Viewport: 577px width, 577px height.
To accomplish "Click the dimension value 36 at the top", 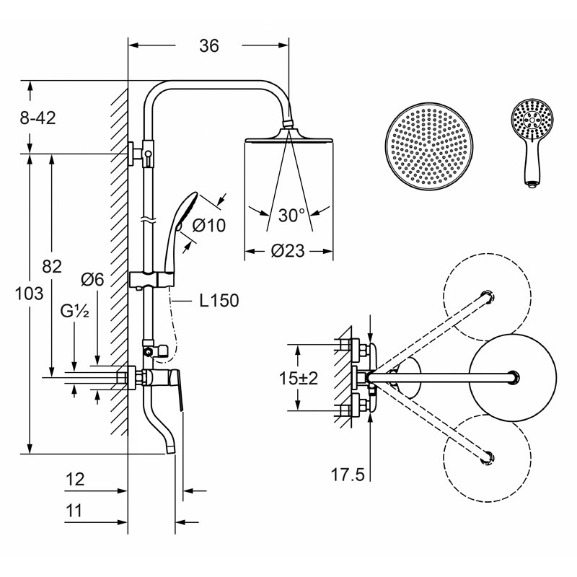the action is click(209, 46).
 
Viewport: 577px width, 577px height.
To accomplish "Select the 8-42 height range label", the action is click(38, 118).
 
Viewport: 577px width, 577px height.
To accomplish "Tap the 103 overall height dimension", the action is click(29, 294).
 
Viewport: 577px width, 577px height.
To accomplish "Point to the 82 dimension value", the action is click(52, 266).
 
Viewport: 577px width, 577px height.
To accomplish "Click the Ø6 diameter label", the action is click(92, 280).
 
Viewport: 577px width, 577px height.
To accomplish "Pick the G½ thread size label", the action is click(75, 312).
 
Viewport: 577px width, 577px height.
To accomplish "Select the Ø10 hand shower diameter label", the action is click(208, 225).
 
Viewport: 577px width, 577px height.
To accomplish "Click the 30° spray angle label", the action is click(291, 215).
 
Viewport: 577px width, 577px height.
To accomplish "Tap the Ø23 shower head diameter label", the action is click(288, 251).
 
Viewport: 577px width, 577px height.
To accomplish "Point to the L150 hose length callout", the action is click(219, 301).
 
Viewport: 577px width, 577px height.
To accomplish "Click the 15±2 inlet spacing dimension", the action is click(299, 378).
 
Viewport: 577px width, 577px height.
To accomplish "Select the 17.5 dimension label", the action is click(348, 475).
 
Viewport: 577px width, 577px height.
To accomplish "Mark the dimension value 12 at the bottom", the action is click(75, 480).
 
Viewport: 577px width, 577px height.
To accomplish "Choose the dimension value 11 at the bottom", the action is click(74, 511).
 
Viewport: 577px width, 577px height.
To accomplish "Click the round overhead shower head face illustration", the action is click(429, 146).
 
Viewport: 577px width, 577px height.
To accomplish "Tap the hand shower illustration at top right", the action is click(532, 141).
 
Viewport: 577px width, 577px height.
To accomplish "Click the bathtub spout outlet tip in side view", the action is click(170, 449).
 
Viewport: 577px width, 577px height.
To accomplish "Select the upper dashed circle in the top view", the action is click(488, 297).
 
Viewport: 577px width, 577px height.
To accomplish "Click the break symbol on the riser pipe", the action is click(149, 220).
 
